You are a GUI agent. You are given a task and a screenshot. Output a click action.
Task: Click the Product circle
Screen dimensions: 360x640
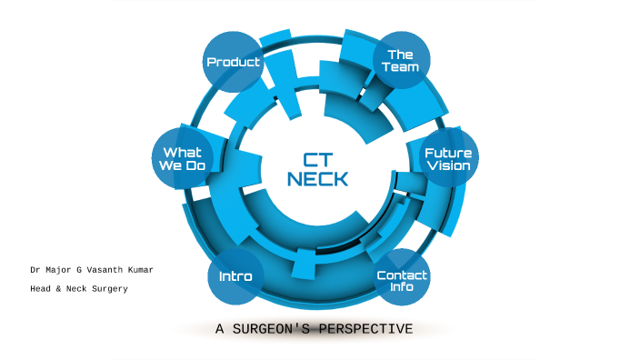click(233, 62)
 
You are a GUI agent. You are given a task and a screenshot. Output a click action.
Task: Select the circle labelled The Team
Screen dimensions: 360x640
click(400, 61)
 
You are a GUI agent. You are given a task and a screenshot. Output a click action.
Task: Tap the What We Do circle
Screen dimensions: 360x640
click(182, 159)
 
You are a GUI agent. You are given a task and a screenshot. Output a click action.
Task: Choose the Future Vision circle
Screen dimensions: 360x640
click(447, 159)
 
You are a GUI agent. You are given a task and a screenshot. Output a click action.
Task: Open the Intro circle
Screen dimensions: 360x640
click(235, 275)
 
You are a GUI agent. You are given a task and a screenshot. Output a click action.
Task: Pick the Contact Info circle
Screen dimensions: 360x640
click(402, 280)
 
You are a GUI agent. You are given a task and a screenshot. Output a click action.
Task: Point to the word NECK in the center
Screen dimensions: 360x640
click(317, 179)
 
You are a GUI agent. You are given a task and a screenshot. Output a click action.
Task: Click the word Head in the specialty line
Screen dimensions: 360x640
click(40, 289)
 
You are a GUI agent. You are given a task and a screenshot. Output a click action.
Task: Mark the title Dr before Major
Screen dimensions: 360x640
click(35, 271)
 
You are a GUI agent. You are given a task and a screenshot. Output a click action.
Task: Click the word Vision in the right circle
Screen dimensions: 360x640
click(448, 166)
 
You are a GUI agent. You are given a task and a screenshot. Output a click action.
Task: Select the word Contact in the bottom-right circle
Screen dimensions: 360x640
click(402, 275)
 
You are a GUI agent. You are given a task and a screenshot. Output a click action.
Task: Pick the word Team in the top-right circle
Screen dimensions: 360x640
click(401, 67)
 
